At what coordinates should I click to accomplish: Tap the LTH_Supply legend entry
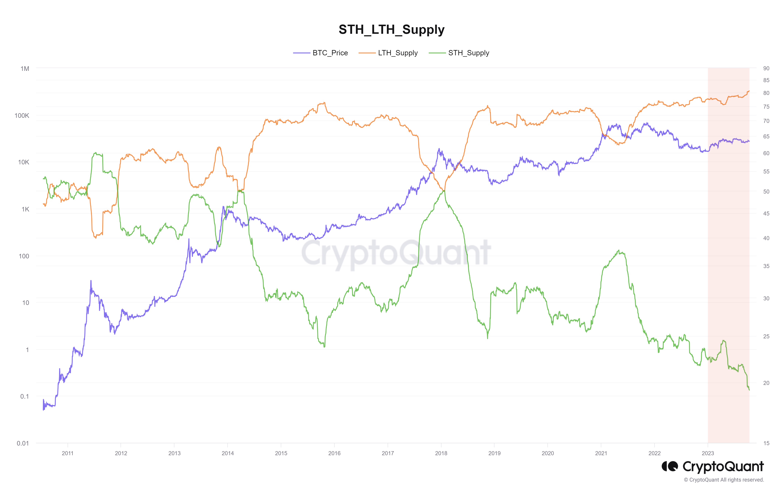click(x=397, y=53)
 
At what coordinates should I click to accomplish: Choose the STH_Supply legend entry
click(x=468, y=53)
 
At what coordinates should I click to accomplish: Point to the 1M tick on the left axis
click(x=25, y=69)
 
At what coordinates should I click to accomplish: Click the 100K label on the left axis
click(x=22, y=116)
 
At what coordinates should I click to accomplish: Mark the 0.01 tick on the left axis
click(x=23, y=443)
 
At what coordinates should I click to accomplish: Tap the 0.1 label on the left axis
click(x=24, y=396)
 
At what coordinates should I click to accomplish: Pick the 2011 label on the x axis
click(x=68, y=453)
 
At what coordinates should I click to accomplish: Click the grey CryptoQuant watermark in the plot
click(x=396, y=253)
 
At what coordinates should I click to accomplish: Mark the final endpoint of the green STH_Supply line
click(x=749, y=390)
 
